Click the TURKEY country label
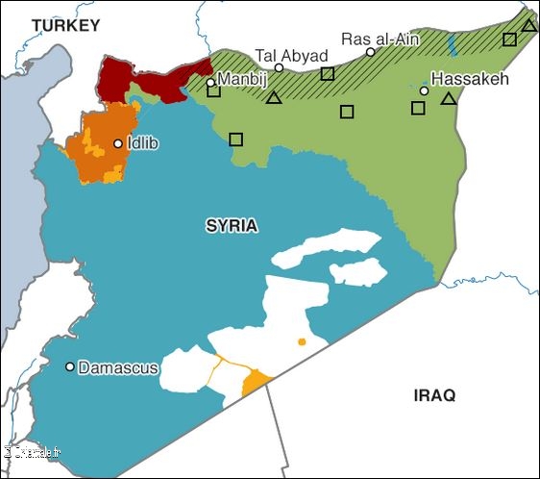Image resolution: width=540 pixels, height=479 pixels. point(65,26)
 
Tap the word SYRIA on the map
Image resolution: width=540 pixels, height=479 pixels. point(232,226)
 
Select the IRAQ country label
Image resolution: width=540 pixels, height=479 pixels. point(434,395)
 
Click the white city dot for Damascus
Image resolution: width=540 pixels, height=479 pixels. point(70,366)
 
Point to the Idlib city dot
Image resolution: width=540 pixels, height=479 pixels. point(118,144)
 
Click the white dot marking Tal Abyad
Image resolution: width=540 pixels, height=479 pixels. point(279,68)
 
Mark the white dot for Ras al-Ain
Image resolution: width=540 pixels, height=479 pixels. point(371,52)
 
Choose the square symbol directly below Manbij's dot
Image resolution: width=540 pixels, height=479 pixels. point(213,91)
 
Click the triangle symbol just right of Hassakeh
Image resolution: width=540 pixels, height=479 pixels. point(448,98)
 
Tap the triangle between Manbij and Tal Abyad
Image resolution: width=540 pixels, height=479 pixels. point(274,97)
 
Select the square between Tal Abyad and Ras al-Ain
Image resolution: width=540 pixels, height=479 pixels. point(328,73)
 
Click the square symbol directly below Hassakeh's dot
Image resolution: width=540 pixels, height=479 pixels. point(418,108)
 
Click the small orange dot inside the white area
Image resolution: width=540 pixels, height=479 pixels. point(302,341)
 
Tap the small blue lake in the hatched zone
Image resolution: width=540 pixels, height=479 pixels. point(453,43)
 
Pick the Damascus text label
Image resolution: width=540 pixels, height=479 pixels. point(118,367)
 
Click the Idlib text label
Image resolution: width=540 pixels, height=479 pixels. point(142,143)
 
